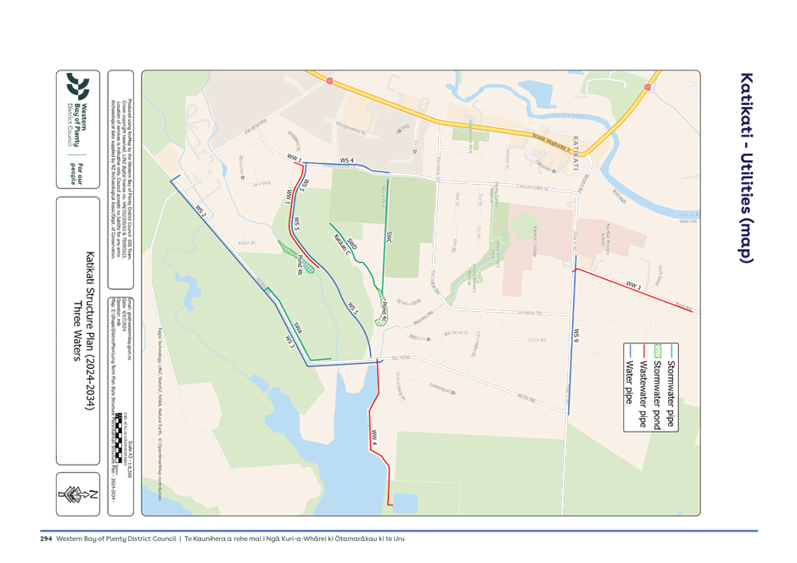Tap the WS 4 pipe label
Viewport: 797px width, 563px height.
[x=346, y=160]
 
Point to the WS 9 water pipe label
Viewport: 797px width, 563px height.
[x=575, y=334]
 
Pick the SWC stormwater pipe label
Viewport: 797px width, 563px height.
[x=389, y=238]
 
